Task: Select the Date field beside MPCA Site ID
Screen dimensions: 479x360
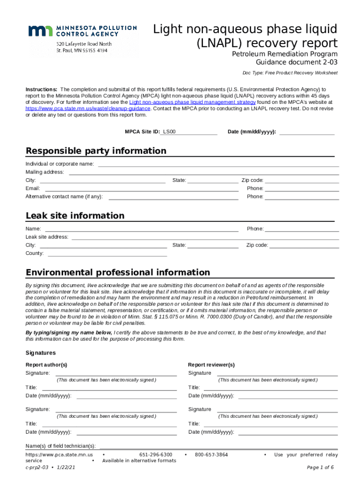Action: coord(307,132)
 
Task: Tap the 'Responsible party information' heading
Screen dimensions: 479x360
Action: coord(96,151)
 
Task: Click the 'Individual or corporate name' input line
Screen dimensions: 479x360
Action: coord(218,164)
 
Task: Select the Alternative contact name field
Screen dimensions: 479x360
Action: coord(173,197)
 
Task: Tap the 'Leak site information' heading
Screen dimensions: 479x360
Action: coord(75,216)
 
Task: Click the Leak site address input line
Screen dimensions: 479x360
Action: coord(205,237)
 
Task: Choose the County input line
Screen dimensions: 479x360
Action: coord(107,254)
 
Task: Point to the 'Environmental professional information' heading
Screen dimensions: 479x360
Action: coord(118,272)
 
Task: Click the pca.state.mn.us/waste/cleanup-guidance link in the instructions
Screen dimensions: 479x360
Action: coord(88,108)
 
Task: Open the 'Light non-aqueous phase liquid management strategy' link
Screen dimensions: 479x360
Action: coord(192,102)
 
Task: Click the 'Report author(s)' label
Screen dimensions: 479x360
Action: coord(46,365)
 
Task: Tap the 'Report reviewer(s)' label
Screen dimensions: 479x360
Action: coord(211,365)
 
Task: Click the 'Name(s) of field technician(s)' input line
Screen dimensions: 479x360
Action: coord(218,446)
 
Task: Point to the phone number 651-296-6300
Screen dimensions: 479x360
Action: coord(156,455)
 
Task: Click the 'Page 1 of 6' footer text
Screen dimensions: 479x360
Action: coord(320,467)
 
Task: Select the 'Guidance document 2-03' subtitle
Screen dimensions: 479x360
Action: coord(296,62)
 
